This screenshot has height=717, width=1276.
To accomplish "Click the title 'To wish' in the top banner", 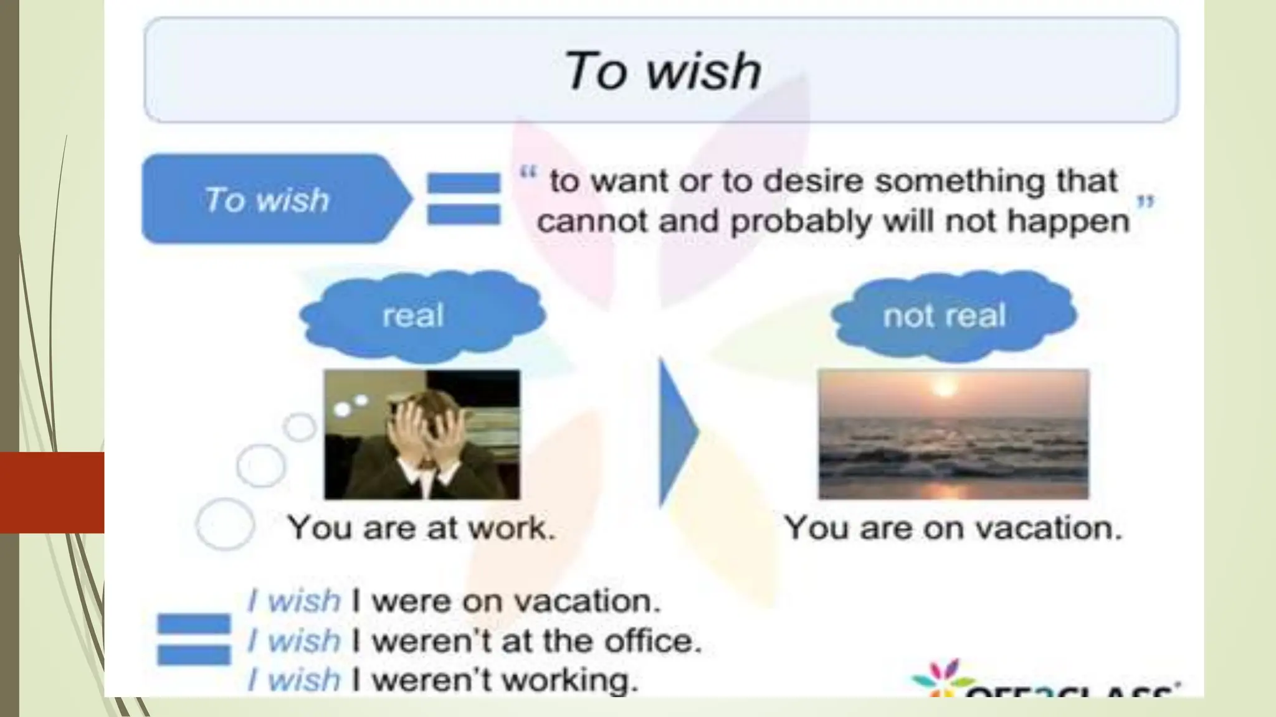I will [662, 71].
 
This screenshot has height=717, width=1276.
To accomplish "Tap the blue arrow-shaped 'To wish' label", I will [268, 200].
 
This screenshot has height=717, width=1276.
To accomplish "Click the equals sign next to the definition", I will [464, 198].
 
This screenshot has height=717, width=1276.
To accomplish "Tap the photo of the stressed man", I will [422, 434].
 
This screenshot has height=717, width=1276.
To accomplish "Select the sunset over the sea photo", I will [953, 434].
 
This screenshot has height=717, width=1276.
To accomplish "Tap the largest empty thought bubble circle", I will [225, 523].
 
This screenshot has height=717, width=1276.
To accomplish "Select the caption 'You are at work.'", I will [421, 528].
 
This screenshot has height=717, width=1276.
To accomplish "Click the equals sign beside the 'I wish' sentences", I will [194, 639].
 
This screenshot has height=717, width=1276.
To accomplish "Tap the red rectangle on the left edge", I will [52, 492].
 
